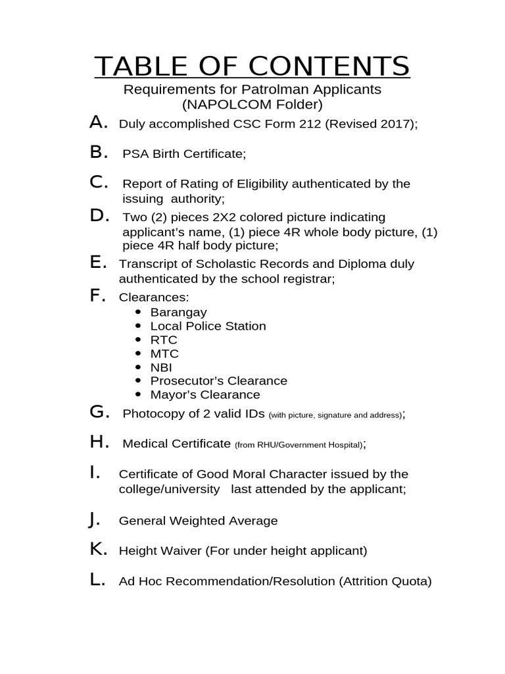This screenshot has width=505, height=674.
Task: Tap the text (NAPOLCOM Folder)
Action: coord(252,104)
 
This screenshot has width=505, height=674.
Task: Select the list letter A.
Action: coord(98,122)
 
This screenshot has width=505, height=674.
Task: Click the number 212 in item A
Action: coord(309,124)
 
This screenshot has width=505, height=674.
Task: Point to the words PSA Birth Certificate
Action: coord(184,154)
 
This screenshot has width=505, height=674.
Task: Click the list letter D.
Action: coord(99,215)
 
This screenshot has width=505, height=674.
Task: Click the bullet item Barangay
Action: coord(178,312)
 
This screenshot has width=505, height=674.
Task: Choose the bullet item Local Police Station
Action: coord(208,326)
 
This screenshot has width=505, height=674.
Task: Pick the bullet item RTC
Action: coord(164,340)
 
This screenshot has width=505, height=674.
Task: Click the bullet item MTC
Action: coord(164,353)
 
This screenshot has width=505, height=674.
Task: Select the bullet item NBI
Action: coord(161,367)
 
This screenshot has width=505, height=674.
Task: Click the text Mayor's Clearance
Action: coord(205,395)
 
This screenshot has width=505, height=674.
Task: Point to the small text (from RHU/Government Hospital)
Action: coord(298,445)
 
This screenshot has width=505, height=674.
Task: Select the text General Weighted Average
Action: coord(198,521)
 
